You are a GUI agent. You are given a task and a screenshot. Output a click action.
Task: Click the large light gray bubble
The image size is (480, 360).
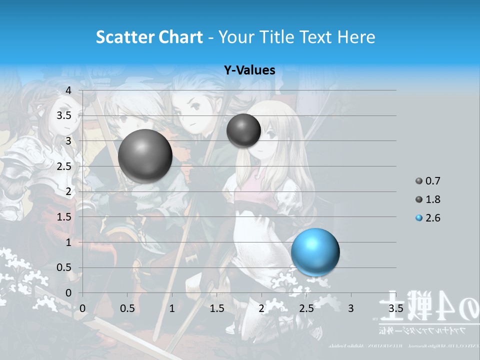(145, 156)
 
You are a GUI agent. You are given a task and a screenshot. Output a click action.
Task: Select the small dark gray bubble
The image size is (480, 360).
(243, 130)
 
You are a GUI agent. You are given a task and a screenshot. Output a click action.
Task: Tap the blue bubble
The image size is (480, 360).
(315, 252)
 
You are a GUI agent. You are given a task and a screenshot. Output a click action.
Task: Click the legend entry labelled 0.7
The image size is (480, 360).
(432, 181)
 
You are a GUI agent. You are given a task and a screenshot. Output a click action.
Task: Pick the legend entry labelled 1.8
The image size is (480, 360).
(432, 199)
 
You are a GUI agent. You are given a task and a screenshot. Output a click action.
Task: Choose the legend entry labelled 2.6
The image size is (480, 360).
(432, 218)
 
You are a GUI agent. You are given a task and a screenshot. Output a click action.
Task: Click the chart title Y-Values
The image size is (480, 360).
(249, 70)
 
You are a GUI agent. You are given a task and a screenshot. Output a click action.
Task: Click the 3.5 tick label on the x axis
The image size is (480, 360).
(395, 308)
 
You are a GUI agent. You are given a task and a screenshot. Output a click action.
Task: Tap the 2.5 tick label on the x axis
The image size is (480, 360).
(306, 308)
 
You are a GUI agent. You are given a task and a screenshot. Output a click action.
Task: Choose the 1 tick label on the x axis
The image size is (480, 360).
(172, 308)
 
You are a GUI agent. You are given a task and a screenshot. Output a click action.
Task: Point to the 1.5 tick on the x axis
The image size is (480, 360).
(216, 308)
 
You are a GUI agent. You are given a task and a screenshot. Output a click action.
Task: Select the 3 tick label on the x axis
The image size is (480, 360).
(351, 308)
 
